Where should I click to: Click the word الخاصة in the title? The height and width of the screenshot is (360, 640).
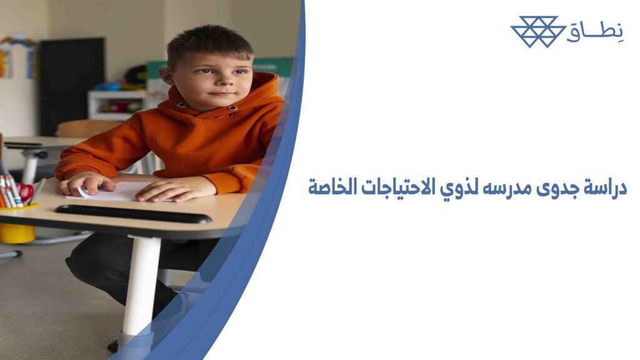[338, 187]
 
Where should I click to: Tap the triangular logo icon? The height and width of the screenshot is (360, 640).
[534, 31]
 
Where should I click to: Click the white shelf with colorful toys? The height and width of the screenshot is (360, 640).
[116, 103]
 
